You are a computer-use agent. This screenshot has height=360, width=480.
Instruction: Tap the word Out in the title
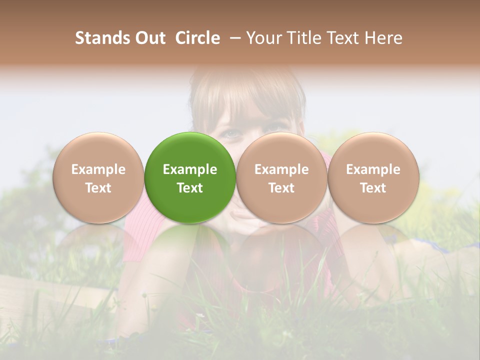(150, 38)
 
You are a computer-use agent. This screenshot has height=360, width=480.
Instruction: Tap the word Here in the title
(382, 38)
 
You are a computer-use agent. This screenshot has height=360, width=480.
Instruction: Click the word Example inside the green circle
(190, 169)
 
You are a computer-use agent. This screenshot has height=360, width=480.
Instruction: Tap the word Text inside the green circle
(190, 188)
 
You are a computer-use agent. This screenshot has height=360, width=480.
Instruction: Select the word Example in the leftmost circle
(98, 169)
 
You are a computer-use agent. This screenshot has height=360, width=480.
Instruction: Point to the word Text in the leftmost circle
(98, 188)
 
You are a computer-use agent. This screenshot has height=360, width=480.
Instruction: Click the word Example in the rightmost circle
(373, 169)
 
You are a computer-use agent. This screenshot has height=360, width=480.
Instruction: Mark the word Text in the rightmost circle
(373, 188)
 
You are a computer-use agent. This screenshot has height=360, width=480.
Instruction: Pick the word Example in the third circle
(281, 169)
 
